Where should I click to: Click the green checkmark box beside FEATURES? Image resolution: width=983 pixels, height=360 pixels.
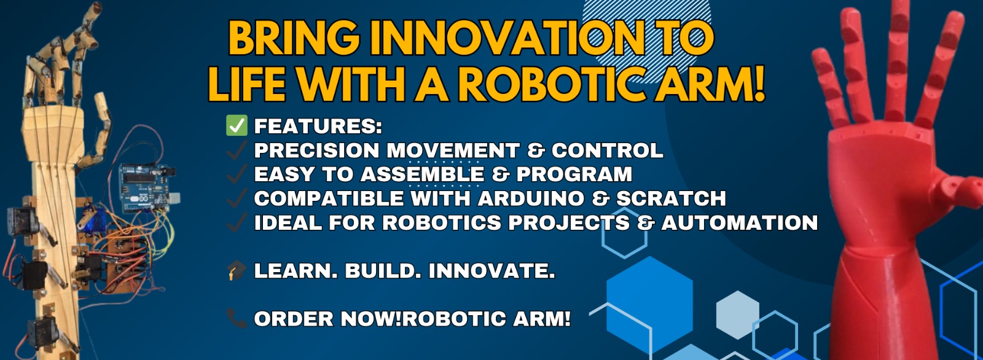click(237, 125)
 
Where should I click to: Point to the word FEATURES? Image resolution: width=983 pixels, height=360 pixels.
click(318, 127)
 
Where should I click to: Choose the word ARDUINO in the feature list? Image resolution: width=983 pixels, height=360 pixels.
click(531, 198)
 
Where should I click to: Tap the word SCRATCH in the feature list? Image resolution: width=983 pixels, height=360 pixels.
click(672, 198)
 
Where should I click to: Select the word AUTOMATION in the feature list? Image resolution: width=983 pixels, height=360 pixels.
click(740, 222)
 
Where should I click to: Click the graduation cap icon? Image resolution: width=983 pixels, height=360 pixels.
click(237, 270)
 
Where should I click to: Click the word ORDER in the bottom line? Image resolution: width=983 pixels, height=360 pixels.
click(294, 319)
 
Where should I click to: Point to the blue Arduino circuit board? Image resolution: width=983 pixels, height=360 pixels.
click(148, 188)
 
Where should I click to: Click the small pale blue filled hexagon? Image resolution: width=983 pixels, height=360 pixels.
click(738, 315)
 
